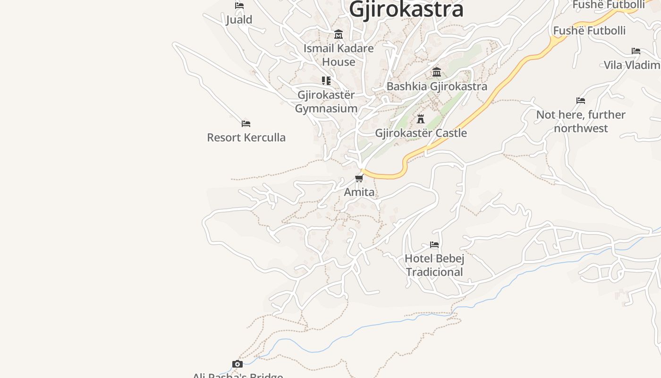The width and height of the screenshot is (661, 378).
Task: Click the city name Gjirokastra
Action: click(x=407, y=9)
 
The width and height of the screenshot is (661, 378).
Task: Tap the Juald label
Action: click(x=239, y=19)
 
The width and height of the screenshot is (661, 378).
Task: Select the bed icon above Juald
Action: click(x=239, y=6)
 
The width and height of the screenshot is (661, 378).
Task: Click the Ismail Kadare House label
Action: click(x=339, y=55)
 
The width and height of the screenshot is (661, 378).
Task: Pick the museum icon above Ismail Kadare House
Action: click(x=339, y=34)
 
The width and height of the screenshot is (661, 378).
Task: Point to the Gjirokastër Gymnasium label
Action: click(x=326, y=102)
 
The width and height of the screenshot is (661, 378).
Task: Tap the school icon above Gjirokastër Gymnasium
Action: click(x=326, y=81)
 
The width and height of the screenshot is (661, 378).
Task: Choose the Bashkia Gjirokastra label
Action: click(x=437, y=86)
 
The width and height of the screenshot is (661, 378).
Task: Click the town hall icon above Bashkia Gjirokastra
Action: click(x=437, y=72)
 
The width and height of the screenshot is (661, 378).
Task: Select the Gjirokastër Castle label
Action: click(x=421, y=133)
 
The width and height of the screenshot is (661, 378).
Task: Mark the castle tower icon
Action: click(x=421, y=119)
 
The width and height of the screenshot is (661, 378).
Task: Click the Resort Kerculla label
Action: click(x=246, y=137)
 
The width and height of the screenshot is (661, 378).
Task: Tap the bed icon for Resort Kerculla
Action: click(x=246, y=124)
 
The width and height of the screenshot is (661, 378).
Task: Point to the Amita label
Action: click(x=359, y=192)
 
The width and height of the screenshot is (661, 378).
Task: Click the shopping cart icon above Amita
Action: click(x=359, y=178)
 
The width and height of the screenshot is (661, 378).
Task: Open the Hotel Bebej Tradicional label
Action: click(x=434, y=265)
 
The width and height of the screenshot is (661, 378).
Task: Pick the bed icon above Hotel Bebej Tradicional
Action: click(x=434, y=245)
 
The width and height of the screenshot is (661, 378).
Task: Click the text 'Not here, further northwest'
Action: click(x=581, y=121)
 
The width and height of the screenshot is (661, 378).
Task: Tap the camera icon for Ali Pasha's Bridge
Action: click(x=237, y=364)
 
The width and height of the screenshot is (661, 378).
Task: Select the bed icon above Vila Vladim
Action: click(x=636, y=51)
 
